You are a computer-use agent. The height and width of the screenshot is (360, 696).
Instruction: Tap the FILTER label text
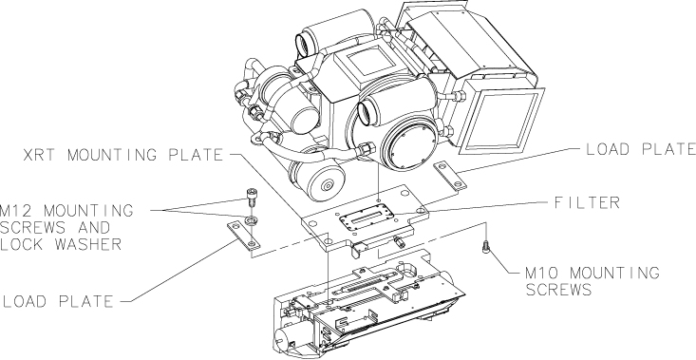coord(587,203)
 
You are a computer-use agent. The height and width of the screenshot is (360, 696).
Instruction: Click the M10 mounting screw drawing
coord(486,246)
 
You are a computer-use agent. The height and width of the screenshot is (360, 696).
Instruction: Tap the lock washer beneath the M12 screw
coord(251,219)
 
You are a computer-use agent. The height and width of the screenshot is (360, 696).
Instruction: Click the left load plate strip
coord(243,235)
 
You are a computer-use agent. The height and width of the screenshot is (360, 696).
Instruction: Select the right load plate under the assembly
coord(450,176)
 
